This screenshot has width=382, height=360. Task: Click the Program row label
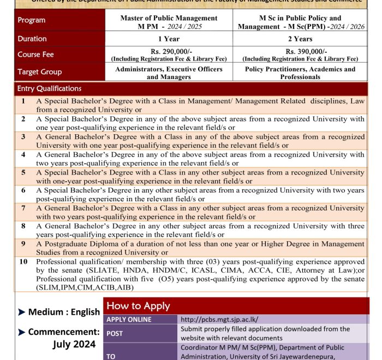coord(32,20)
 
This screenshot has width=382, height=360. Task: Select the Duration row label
coord(32,39)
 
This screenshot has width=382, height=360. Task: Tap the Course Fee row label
coord(35,55)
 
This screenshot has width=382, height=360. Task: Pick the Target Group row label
coord(39,72)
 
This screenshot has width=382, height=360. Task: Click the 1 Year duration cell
coord(169,39)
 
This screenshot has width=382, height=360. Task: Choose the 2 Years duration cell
coord(300,39)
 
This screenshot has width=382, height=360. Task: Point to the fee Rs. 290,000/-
coord(169,51)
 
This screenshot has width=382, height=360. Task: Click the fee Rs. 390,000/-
coord(300,51)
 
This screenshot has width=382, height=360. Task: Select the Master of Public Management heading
coord(169,18)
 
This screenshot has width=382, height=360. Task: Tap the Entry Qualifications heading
coord(49,88)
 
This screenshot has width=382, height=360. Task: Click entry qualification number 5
coord(23,172)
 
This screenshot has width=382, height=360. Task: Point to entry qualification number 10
coord(23,262)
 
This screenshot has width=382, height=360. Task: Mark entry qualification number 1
coord(23,101)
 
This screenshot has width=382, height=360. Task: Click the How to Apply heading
coord(138,306)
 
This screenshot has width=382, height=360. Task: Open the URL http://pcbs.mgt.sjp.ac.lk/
coord(219,319)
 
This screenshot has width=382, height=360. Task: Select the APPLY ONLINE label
coord(129,319)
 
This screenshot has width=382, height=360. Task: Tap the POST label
coord(115,333)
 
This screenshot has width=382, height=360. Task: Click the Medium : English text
coord(63,313)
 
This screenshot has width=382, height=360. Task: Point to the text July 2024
coord(74,344)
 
